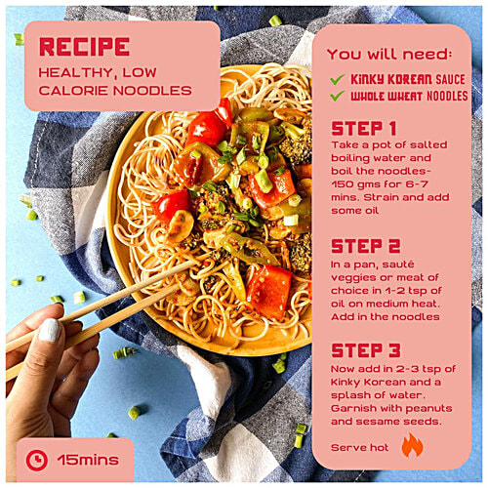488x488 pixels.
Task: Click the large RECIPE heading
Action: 85,47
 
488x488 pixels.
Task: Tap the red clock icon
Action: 37,460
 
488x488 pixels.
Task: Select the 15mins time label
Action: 88,460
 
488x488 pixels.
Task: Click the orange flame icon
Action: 412,446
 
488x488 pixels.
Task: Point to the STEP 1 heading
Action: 364,129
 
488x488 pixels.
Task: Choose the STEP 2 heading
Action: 366,246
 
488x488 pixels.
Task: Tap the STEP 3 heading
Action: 366,350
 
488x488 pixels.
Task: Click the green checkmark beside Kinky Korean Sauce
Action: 337,79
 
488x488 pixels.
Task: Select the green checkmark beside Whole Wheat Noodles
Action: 337,96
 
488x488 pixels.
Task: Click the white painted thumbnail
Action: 50,330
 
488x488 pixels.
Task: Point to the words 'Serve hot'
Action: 359,448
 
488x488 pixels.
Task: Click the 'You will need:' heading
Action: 389,54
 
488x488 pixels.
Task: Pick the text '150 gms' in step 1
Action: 352,184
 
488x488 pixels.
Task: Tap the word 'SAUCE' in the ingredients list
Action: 450,79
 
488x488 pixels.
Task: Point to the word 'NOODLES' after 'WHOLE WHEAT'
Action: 447,96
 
